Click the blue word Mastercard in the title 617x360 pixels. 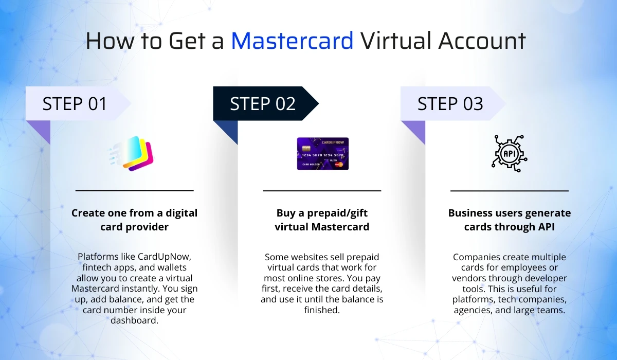click(x=292, y=41)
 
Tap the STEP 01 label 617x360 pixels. click(x=75, y=104)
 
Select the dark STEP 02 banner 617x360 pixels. click(x=263, y=104)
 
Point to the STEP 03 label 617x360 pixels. click(x=450, y=104)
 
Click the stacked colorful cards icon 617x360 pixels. click(x=135, y=153)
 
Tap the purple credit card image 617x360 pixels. click(x=322, y=153)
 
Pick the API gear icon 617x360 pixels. click(x=510, y=153)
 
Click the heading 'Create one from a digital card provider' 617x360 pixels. click(x=134, y=220)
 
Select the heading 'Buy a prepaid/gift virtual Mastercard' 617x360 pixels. click(x=322, y=220)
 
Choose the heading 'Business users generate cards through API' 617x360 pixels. click(x=510, y=220)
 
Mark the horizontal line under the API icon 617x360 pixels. click(x=510, y=191)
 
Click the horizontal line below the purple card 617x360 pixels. click(x=322, y=191)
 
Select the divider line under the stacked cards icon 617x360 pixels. click(x=134, y=191)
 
